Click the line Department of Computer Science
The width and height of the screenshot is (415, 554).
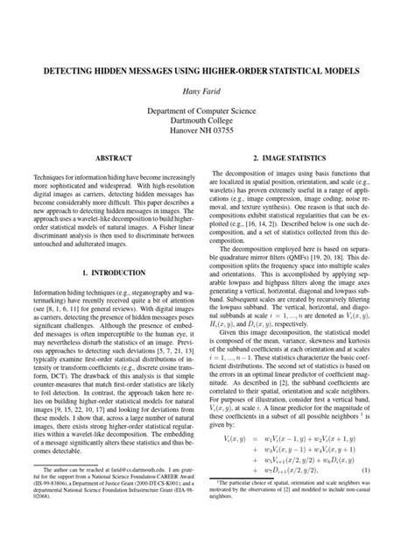coord(207,111)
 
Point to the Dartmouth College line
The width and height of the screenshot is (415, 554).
coord(207,124)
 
